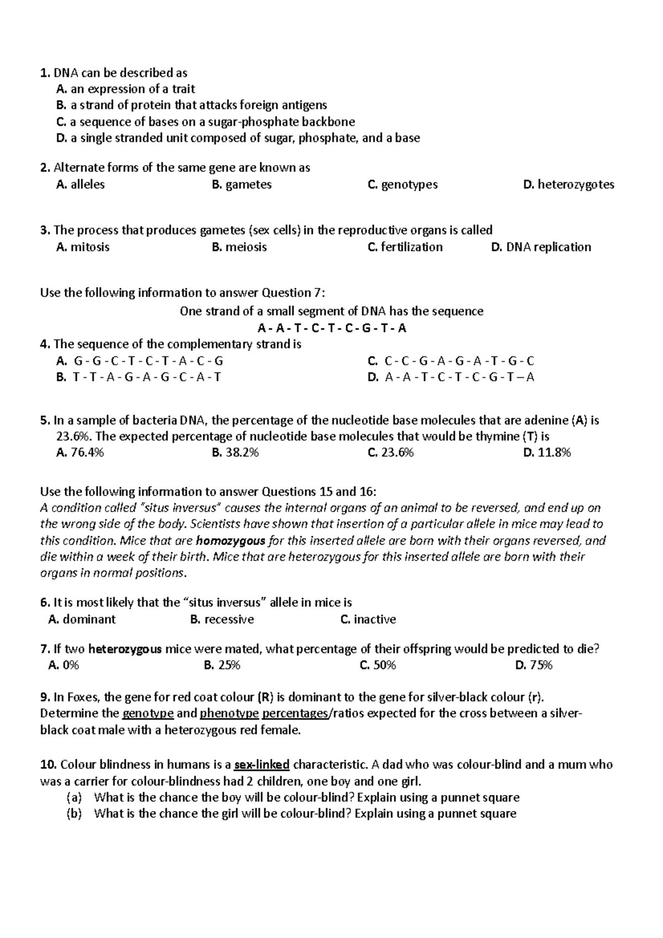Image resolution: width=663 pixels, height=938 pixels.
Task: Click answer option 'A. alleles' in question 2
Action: click(80, 185)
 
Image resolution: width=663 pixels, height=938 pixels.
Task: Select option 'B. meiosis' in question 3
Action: click(239, 247)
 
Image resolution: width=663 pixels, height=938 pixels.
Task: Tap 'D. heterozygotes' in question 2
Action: click(568, 185)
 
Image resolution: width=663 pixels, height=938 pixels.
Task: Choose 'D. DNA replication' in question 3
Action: click(540, 247)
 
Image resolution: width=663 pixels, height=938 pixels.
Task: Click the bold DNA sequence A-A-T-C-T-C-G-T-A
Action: click(331, 328)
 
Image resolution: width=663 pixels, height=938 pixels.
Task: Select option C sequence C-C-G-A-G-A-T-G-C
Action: click(451, 361)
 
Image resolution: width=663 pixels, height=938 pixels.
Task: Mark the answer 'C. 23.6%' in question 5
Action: click(390, 453)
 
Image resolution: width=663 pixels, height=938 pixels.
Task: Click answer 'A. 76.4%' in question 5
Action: click(80, 453)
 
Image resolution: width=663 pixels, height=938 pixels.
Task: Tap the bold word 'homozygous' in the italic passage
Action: click(231, 541)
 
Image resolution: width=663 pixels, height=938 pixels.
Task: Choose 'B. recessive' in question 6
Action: click(222, 619)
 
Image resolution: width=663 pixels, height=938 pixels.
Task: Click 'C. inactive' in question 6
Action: click(368, 619)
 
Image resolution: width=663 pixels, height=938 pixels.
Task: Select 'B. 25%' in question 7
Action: click(222, 665)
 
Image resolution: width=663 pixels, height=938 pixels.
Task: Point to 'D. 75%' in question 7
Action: click(533, 665)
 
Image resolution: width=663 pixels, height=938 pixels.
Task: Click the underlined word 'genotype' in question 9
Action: click(148, 713)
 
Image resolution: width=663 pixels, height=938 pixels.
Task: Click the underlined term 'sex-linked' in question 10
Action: click(262, 765)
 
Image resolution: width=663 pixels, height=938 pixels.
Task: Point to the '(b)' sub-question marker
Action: click(73, 813)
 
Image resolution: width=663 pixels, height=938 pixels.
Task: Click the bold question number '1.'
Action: click(45, 73)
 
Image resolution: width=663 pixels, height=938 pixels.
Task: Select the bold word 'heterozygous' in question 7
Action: click(125, 649)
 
